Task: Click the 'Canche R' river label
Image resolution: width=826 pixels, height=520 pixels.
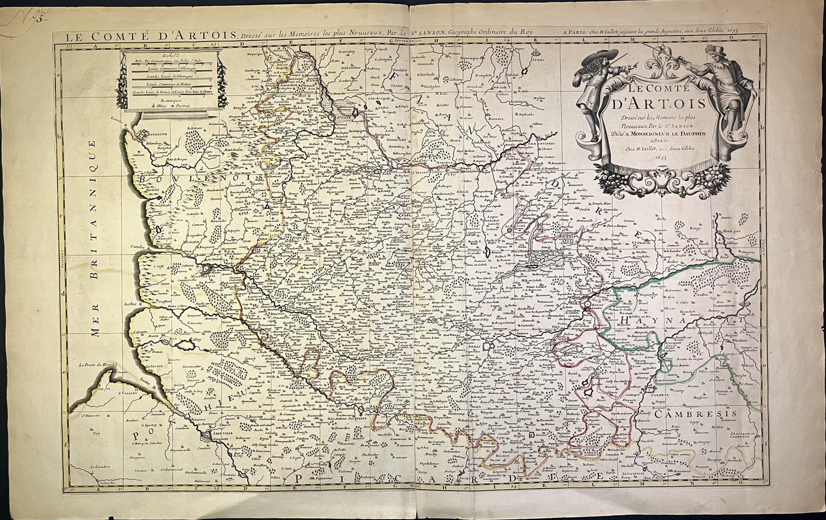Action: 140,248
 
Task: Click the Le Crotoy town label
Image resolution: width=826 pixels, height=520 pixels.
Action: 154,367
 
